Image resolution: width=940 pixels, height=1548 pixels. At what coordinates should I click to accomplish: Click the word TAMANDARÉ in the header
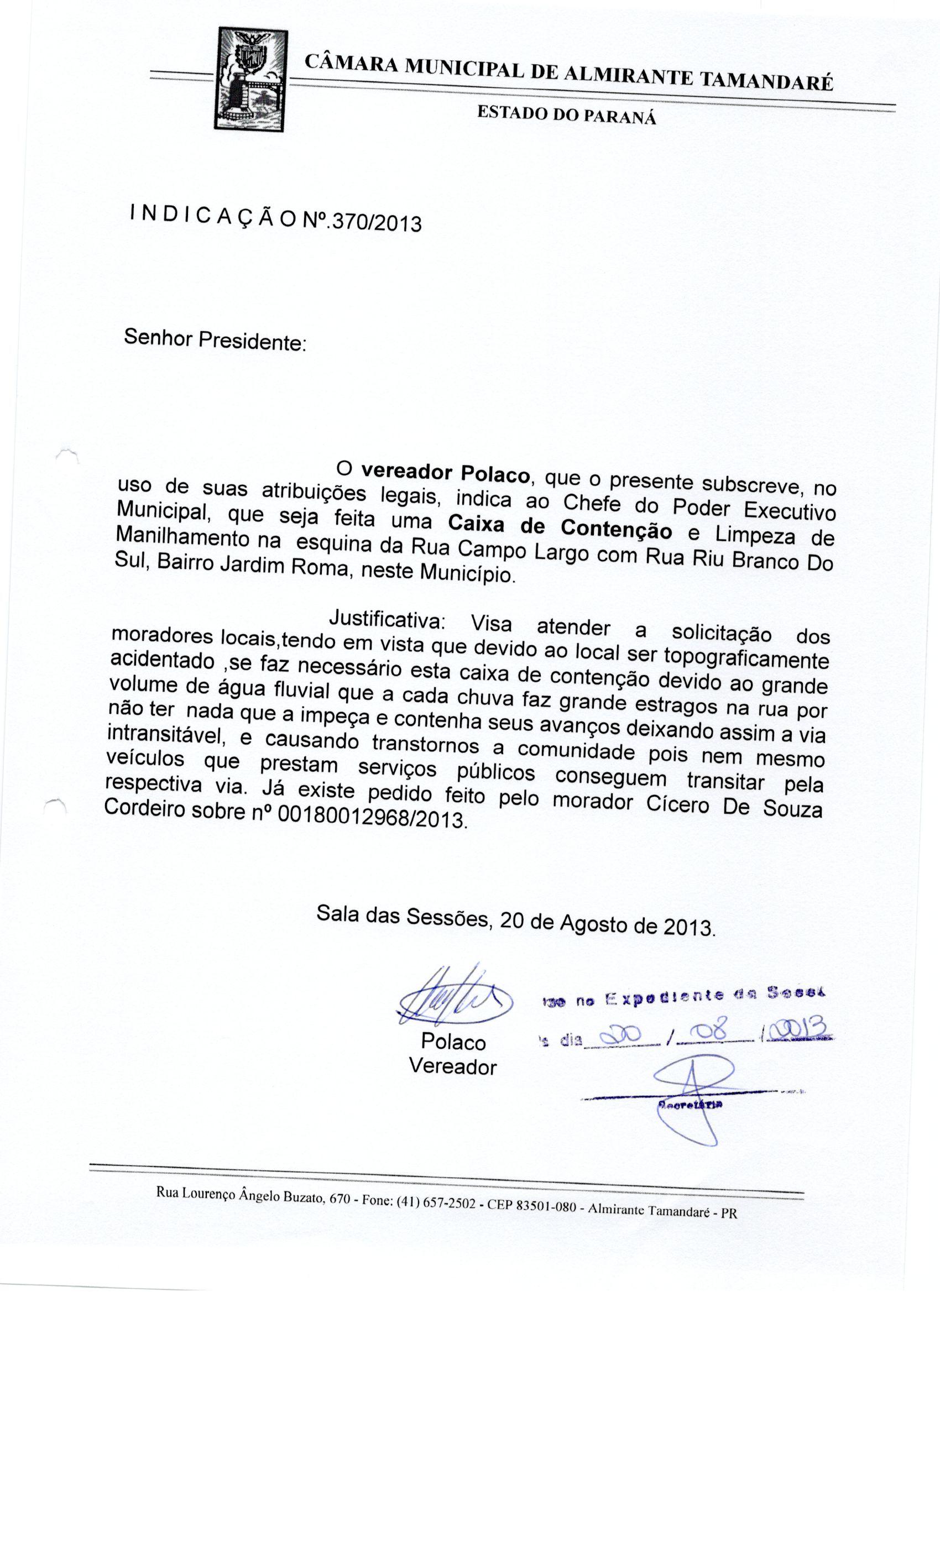765,82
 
